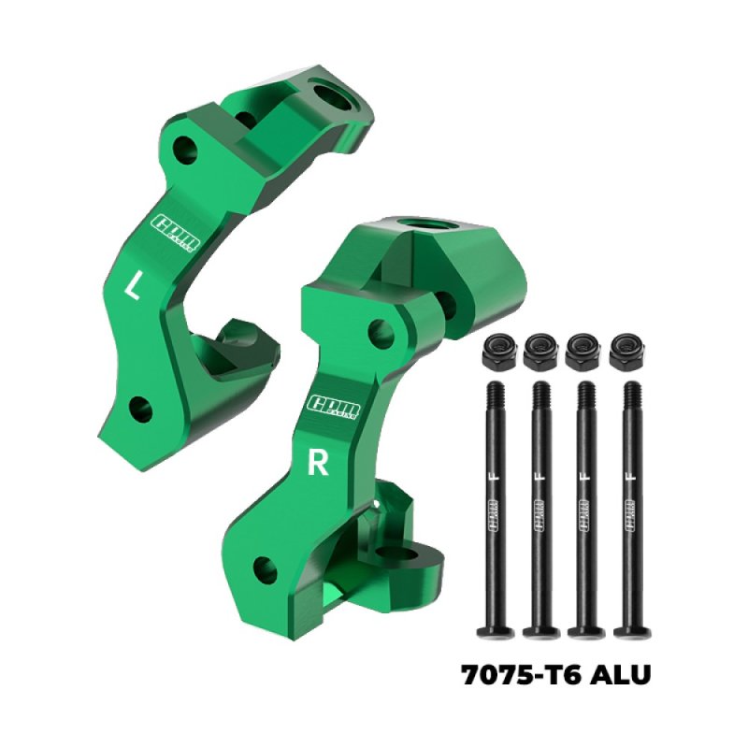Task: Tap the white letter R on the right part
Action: click(x=319, y=465)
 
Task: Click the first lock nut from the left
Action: click(x=496, y=352)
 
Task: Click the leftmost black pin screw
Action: click(x=496, y=505)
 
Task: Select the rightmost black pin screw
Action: click(x=633, y=505)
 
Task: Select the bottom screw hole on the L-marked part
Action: click(x=141, y=407)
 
